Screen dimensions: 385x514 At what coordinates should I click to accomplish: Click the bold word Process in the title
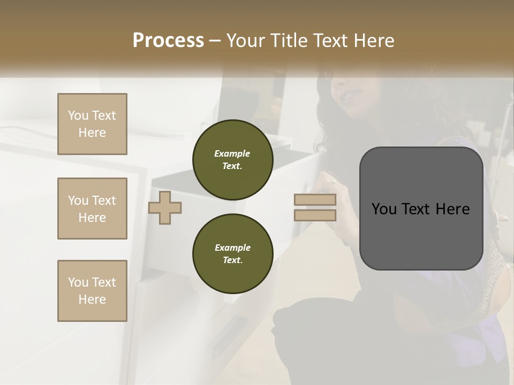168,41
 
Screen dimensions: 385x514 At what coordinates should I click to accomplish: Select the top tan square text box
92,124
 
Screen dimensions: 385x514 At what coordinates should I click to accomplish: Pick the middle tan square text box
92,209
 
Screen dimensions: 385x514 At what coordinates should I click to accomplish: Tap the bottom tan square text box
92,291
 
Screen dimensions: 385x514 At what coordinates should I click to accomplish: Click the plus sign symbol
165,207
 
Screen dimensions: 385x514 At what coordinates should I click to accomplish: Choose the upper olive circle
232,160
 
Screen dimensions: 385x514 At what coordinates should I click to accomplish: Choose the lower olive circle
232,254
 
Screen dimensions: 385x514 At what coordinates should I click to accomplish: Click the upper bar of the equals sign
315,200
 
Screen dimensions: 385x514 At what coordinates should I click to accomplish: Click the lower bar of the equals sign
315,215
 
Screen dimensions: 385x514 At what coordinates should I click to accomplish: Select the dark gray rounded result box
421,209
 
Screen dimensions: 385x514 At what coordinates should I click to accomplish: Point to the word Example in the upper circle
232,154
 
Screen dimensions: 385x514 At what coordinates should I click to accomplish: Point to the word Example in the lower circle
232,248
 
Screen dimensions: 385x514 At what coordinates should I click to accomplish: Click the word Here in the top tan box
92,133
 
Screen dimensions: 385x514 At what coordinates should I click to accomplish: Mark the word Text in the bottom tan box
104,282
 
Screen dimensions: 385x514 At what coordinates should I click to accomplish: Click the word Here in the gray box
453,209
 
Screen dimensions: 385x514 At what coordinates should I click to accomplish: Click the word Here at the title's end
374,41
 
